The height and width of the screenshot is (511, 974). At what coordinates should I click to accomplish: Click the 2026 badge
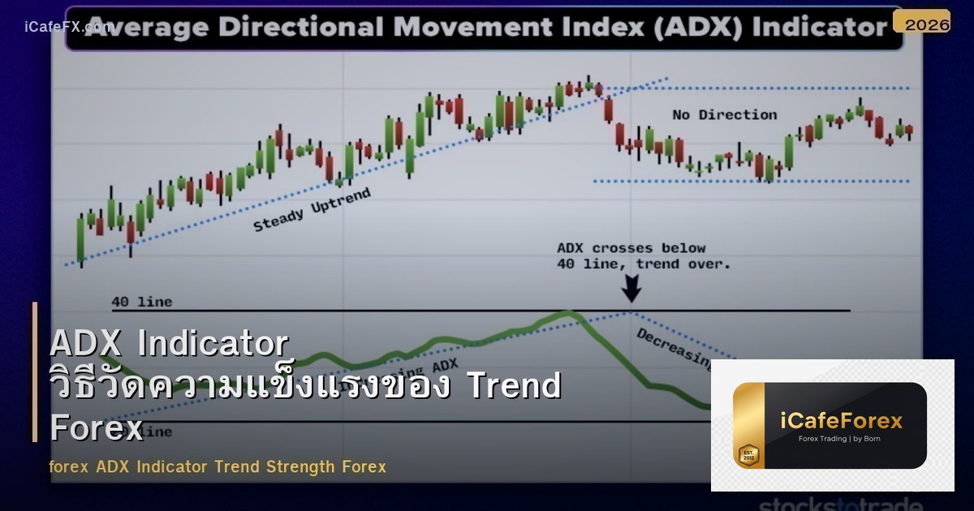(x=927, y=24)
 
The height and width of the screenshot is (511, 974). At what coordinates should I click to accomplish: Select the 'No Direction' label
(x=724, y=114)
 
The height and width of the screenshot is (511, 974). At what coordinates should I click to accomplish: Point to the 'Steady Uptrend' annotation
(x=312, y=209)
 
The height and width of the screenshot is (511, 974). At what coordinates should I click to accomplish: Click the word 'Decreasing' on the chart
(x=673, y=346)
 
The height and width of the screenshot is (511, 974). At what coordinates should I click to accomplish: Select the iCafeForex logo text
(x=841, y=420)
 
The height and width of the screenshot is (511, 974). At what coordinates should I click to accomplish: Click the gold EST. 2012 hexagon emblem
(x=748, y=454)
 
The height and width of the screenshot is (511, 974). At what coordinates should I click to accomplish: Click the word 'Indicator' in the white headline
(x=213, y=344)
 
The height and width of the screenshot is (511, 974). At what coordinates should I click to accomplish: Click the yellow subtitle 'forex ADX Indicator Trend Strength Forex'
(x=218, y=466)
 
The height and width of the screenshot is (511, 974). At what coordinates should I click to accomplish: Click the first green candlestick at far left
(x=80, y=239)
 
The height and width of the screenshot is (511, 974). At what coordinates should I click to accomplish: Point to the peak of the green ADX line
(x=567, y=313)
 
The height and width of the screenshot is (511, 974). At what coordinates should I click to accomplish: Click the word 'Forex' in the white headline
(x=97, y=427)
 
